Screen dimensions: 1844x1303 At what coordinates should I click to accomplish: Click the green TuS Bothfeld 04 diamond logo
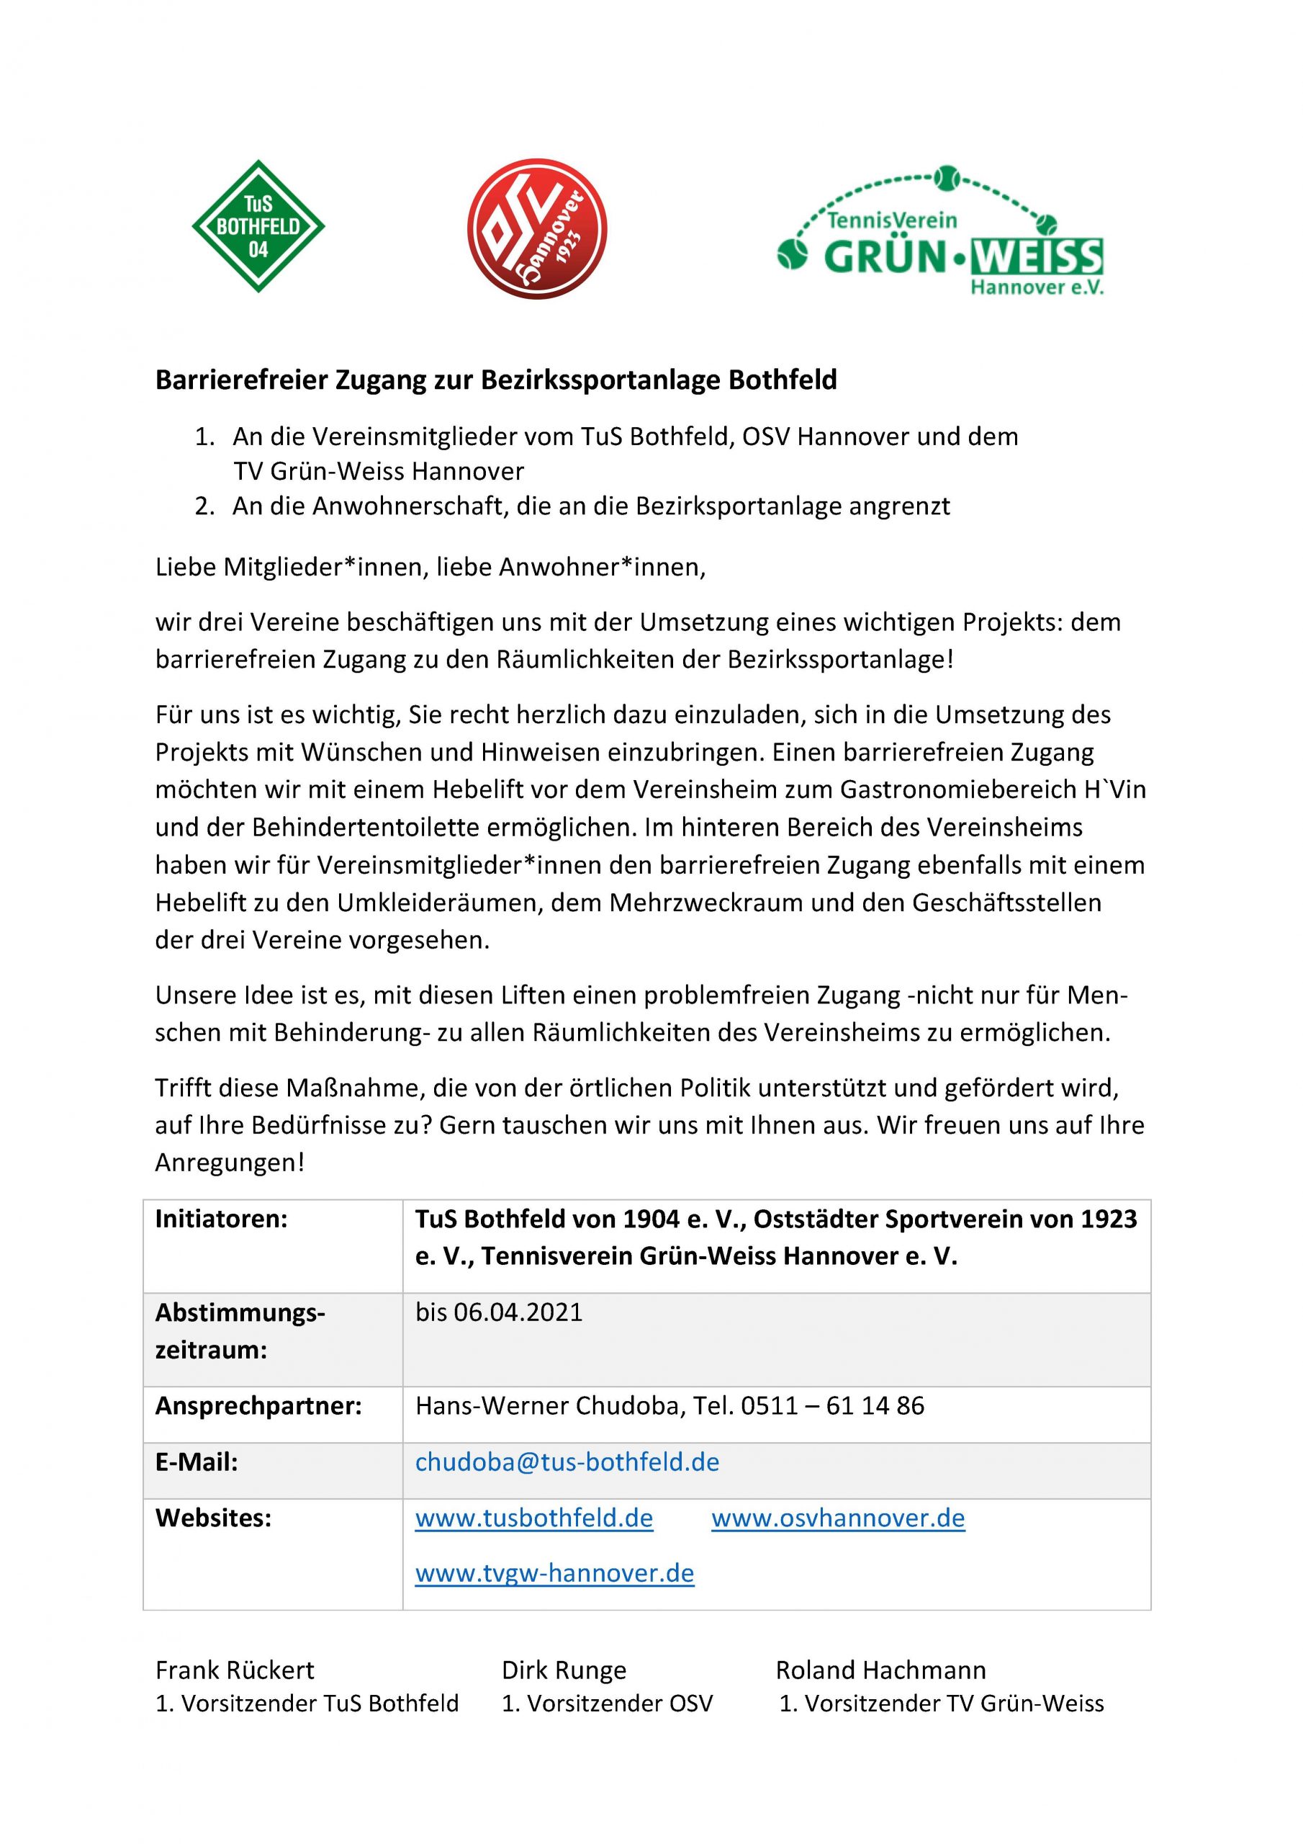click(x=258, y=225)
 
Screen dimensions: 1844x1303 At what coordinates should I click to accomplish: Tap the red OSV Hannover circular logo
click(x=537, y=229)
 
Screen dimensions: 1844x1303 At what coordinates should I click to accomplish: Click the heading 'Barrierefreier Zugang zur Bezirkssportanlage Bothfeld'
click(x=495, y=380)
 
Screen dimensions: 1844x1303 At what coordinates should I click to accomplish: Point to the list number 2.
click(x=204, y=507)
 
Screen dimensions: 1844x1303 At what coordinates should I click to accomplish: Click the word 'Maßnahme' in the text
click(x=354, y=1088)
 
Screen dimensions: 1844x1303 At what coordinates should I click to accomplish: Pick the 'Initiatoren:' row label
click(x=221, y=1219)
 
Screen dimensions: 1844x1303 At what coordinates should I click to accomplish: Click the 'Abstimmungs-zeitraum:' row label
click(x=239, y=1331)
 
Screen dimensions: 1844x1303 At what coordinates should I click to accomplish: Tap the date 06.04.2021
click(x=518, y=1312)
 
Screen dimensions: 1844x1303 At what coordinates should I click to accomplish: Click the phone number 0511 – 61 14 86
click(x=831, y=1405)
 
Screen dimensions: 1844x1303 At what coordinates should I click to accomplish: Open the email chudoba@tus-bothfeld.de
click(x=567, y=1462)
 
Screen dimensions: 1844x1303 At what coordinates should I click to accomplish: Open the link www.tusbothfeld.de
click(x=534, y=1518)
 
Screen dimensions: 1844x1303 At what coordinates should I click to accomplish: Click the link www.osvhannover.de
click(x=838, y=1518)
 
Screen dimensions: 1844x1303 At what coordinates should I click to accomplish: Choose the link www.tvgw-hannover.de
click(x=554, y=1572)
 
